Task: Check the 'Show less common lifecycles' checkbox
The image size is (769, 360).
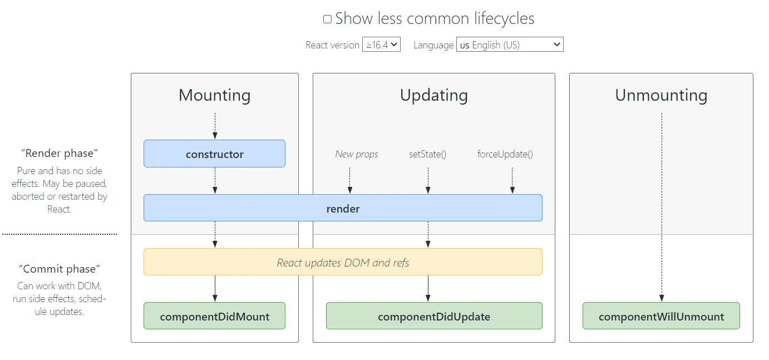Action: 327,19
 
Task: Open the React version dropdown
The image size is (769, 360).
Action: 381,45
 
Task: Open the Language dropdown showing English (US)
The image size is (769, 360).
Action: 510,45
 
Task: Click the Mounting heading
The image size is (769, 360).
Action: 214,95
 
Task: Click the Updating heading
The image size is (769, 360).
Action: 433,95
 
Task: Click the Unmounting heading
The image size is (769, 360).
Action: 661,95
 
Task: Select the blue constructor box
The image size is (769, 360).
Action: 214,154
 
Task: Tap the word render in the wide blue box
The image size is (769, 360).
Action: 343,209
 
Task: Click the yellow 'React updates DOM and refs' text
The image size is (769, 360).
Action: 343,262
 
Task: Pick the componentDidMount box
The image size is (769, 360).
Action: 214,317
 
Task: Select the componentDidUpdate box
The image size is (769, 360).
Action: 433,317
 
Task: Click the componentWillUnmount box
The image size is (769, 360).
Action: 661,317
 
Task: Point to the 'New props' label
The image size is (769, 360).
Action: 356,154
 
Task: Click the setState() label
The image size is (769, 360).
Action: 427,154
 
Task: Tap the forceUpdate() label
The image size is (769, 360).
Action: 505,154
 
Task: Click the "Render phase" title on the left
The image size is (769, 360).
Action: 60,153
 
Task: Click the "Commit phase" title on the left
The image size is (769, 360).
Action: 60,269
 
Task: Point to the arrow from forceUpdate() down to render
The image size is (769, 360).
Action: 512,180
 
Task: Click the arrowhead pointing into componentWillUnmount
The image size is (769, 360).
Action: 662,298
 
